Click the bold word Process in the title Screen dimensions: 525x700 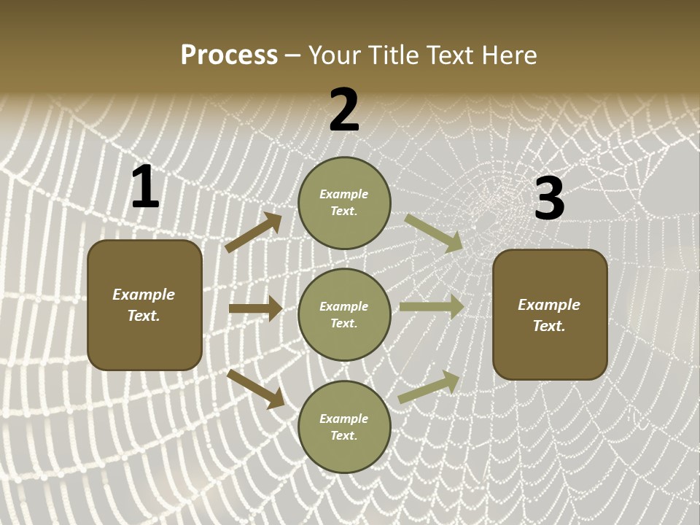pyautogui.click(x=229, y=55)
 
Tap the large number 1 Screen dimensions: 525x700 pyautogui.click(x=144, y=187)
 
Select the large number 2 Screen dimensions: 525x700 pyautogui.click(x=344, y=110)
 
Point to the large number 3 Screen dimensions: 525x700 pyautogui.click(x=549, y=198)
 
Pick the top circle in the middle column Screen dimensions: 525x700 pyautogui.click(x=344, y=203)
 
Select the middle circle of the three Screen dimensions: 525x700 pyautogui.click(x=344, y=314)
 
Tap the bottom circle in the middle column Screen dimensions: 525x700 pyautogui.click(x=344, y=427)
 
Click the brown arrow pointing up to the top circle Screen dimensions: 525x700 pyautogui.click(x=254, y=233)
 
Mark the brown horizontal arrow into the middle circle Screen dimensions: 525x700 pyautogui.click(x=255, y=308)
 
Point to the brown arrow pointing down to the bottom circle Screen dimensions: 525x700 pyautogui.click(x=256, y=389)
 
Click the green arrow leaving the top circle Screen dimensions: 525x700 pyautogui.click(x=434, y=233)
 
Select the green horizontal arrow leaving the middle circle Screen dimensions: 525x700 pyautogui.click(x=432, y=307)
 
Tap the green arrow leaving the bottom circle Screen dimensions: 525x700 pyautogui.click(x=429, y=386)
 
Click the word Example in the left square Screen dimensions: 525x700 pyautogui.click(x=144, y=295)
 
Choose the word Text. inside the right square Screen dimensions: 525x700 pyautogui.click(x=549, y=326)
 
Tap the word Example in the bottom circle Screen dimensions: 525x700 pyautogui.click(x=344, y=419)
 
